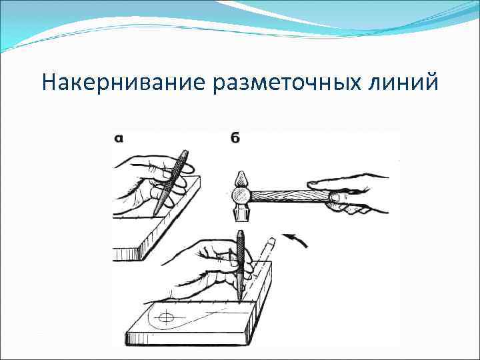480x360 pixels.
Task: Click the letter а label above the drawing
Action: coord(118,139)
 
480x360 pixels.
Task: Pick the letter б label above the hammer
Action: coord(235,138)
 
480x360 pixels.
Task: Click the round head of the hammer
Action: coord(241,195)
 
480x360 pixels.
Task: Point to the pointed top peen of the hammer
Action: coord(240,178)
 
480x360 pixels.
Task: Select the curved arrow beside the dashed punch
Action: coord(295,240)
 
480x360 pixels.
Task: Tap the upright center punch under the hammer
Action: coord(239,263)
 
